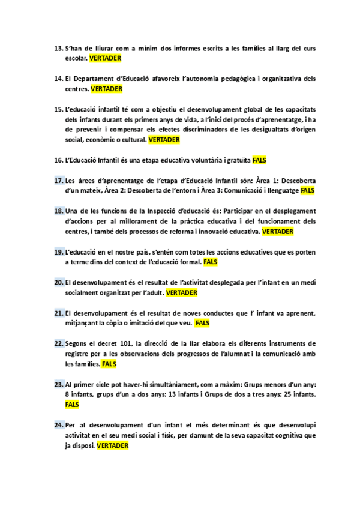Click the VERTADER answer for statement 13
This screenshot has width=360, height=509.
click(x=106, y=58)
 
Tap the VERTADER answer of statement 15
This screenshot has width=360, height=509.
click(x=164, y=139)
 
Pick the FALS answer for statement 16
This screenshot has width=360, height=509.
click(x=259, y=160)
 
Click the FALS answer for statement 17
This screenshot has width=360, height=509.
click(x=307, y=190)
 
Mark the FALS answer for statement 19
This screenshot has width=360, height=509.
click(x=211, y=262)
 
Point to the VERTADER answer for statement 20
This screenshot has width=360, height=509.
click(x=181, y=292)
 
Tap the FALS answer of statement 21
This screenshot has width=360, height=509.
click(x=202, y=323)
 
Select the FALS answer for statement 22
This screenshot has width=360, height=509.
click(x=109, y=364)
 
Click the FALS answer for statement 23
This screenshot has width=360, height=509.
click(x=72, y=405)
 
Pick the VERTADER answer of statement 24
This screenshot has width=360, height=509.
click(x=112, y=445)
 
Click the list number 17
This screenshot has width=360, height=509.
click(x=58, y=181)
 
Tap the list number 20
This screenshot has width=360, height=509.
click(x=58, y=282)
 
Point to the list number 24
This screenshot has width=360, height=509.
click(x=58, y=425)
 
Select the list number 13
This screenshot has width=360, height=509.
click(x=58, y=48)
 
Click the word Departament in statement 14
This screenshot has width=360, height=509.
click(x=98, y=79)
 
